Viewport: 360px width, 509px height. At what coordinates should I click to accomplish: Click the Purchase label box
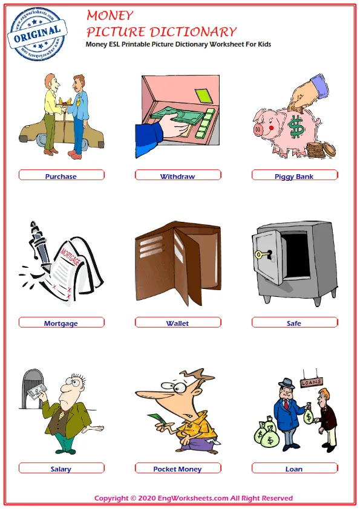point(61,177)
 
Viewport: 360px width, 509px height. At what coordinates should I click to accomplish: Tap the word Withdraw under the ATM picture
point(177,177)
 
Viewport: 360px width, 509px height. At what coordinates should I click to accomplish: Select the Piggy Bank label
point(294,177)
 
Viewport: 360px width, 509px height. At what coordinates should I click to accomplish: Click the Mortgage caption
point(61,323)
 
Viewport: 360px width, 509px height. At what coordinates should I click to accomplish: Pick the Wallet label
point(177,323)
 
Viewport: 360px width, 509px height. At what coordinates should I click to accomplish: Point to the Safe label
point(294,323)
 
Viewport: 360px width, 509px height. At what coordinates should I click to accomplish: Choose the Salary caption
point(61,469)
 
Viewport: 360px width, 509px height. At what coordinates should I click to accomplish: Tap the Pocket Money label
point(177,469)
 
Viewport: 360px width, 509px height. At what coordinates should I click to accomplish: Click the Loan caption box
point(294,469)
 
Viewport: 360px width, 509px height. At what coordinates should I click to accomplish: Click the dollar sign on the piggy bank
point(296,127)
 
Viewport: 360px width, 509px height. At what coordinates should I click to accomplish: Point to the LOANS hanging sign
point(311,381)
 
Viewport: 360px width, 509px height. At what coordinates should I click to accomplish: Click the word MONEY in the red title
point(110,15)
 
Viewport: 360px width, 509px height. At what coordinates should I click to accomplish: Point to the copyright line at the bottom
point(194,498)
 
